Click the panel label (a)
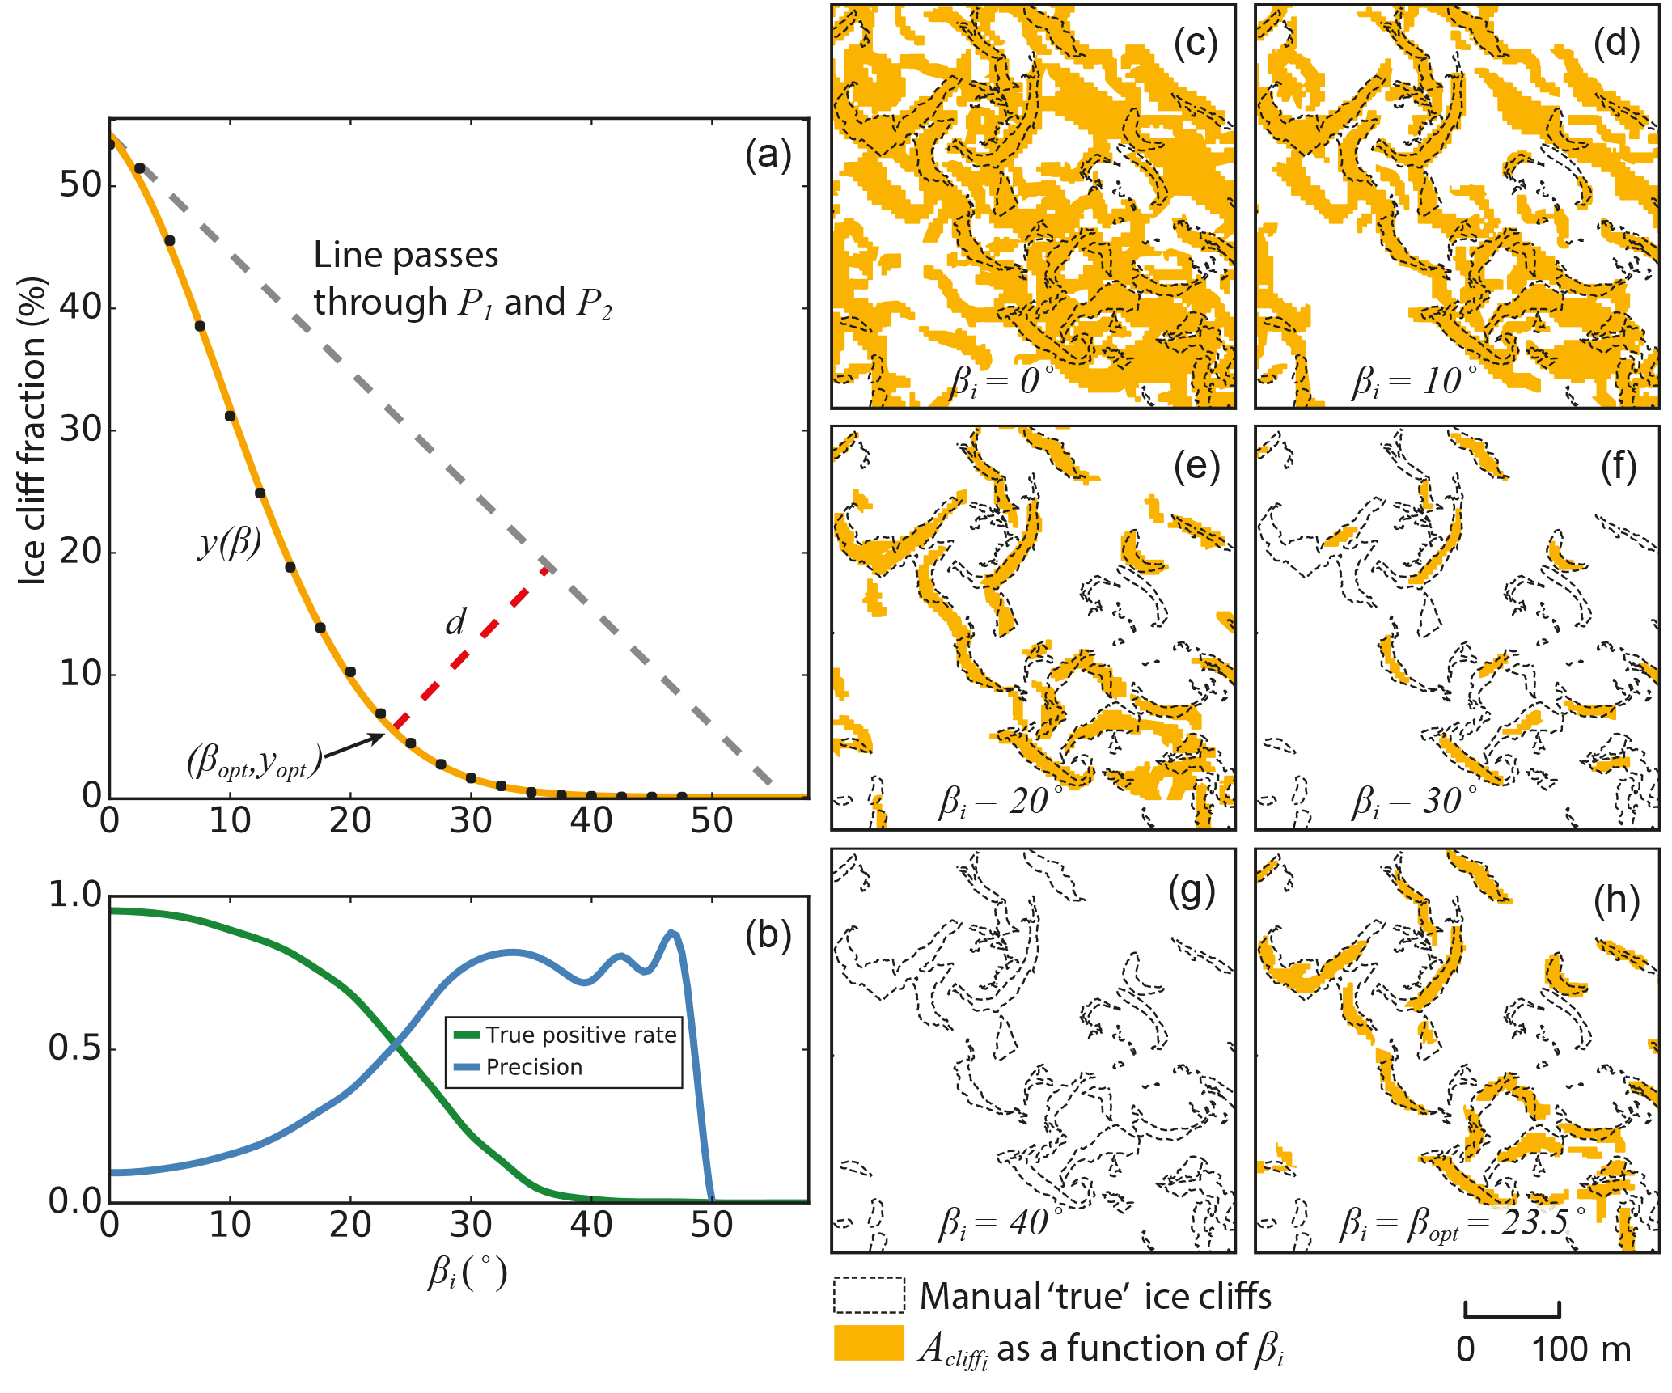click(768, 155)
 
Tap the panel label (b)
click(768, 936)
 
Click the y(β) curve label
click(230, 542)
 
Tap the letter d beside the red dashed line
click(455, 622)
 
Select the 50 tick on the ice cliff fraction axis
click(81, 185)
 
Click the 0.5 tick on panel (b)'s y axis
click(74, 1048)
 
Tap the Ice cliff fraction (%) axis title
click(33, 431)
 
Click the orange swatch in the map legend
click(869, 1343)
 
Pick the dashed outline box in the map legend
click(869, 1295)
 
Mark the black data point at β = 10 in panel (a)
click(230, 416)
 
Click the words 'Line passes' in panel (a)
click(405, 255)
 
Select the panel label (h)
click(1616, 901)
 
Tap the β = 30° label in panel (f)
click(1414, 801)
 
